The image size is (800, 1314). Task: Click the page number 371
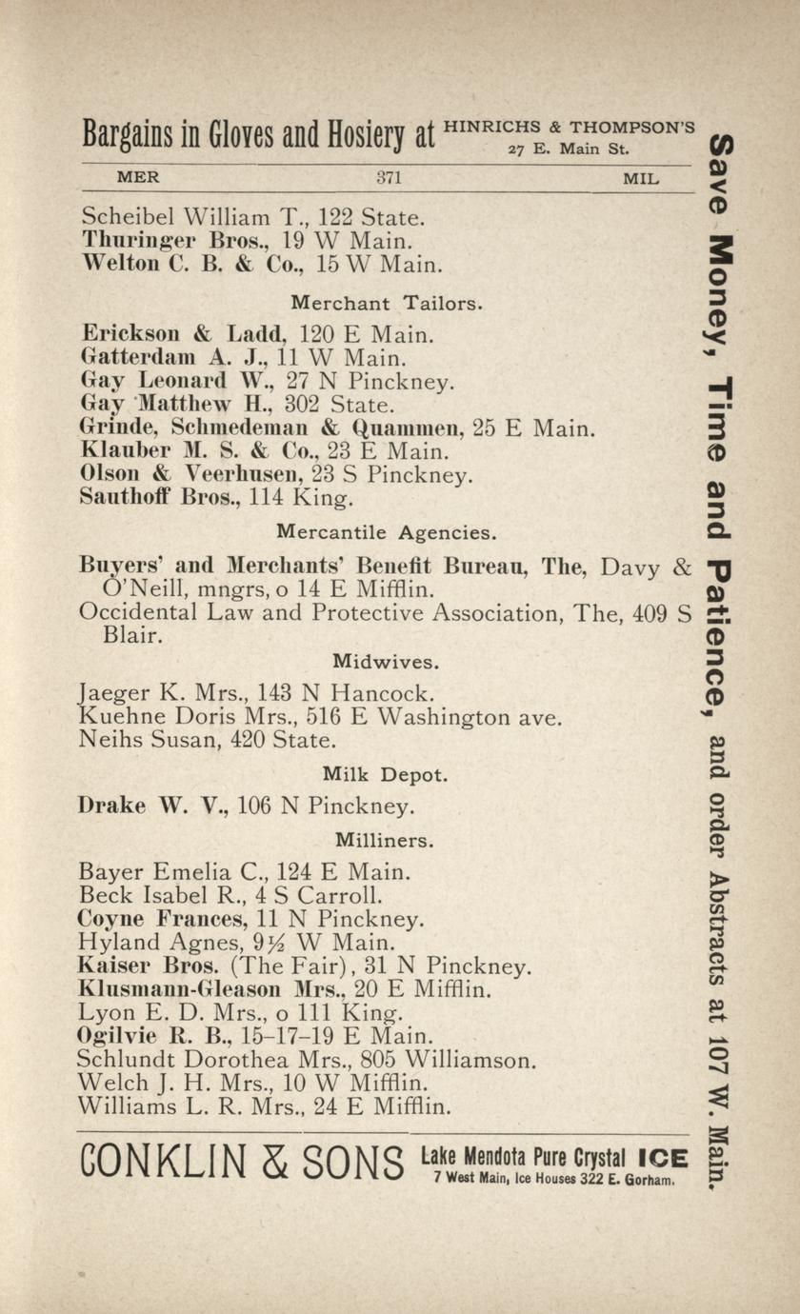click(x=390, y=177)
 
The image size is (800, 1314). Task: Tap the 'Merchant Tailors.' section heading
click(x=387, y=304)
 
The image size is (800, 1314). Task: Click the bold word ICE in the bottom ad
click(x=663, y=1158)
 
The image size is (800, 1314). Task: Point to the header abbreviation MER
click(x=137, y=177)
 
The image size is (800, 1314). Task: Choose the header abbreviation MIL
click(x=640, y=178)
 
